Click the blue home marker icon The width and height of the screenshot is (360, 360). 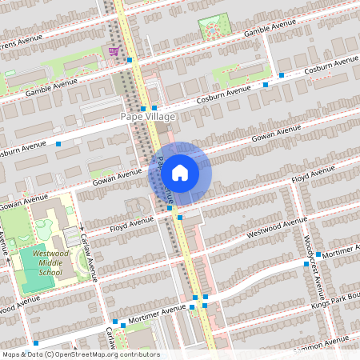[x=180, y=172]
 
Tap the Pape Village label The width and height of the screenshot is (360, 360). [x=147, y=117]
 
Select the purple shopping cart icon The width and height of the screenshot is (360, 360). [x=114, y=50]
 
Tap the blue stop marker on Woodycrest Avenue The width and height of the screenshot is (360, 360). [x=306, y=262]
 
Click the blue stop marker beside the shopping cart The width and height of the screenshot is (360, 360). [x=129, y=59]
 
